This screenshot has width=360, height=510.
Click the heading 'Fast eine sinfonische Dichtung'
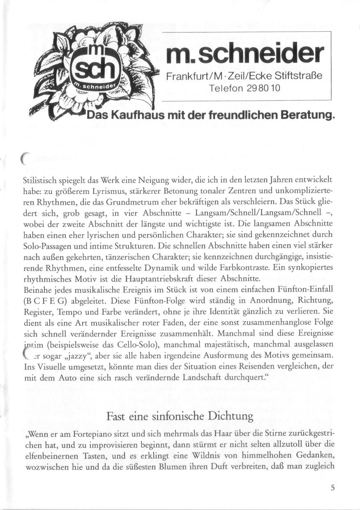(x=180, y=416)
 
